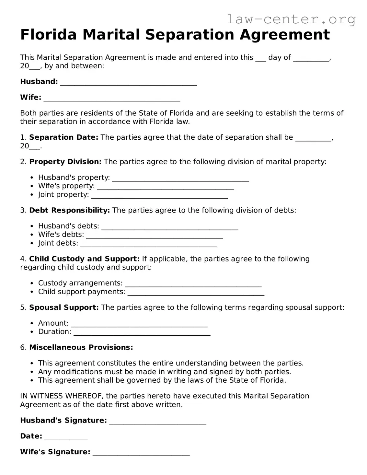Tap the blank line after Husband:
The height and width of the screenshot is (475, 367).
128,82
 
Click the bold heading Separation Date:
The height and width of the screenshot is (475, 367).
63,137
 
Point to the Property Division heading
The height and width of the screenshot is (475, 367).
65,162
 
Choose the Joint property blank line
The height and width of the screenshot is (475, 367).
159,195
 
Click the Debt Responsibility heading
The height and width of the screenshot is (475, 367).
69,210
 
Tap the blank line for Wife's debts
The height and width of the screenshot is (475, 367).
155,235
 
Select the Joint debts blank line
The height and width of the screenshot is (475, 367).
148,244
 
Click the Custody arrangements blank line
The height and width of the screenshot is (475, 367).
193,284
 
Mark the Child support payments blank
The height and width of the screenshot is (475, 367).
196,293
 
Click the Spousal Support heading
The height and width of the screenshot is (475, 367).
64,307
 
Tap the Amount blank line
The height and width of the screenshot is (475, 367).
139,324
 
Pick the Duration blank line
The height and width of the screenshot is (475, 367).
142,332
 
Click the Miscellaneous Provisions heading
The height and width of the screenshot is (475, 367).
81,347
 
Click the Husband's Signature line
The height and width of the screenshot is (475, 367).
158,421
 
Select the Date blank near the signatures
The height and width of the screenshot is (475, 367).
66,437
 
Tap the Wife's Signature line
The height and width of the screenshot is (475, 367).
141,453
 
